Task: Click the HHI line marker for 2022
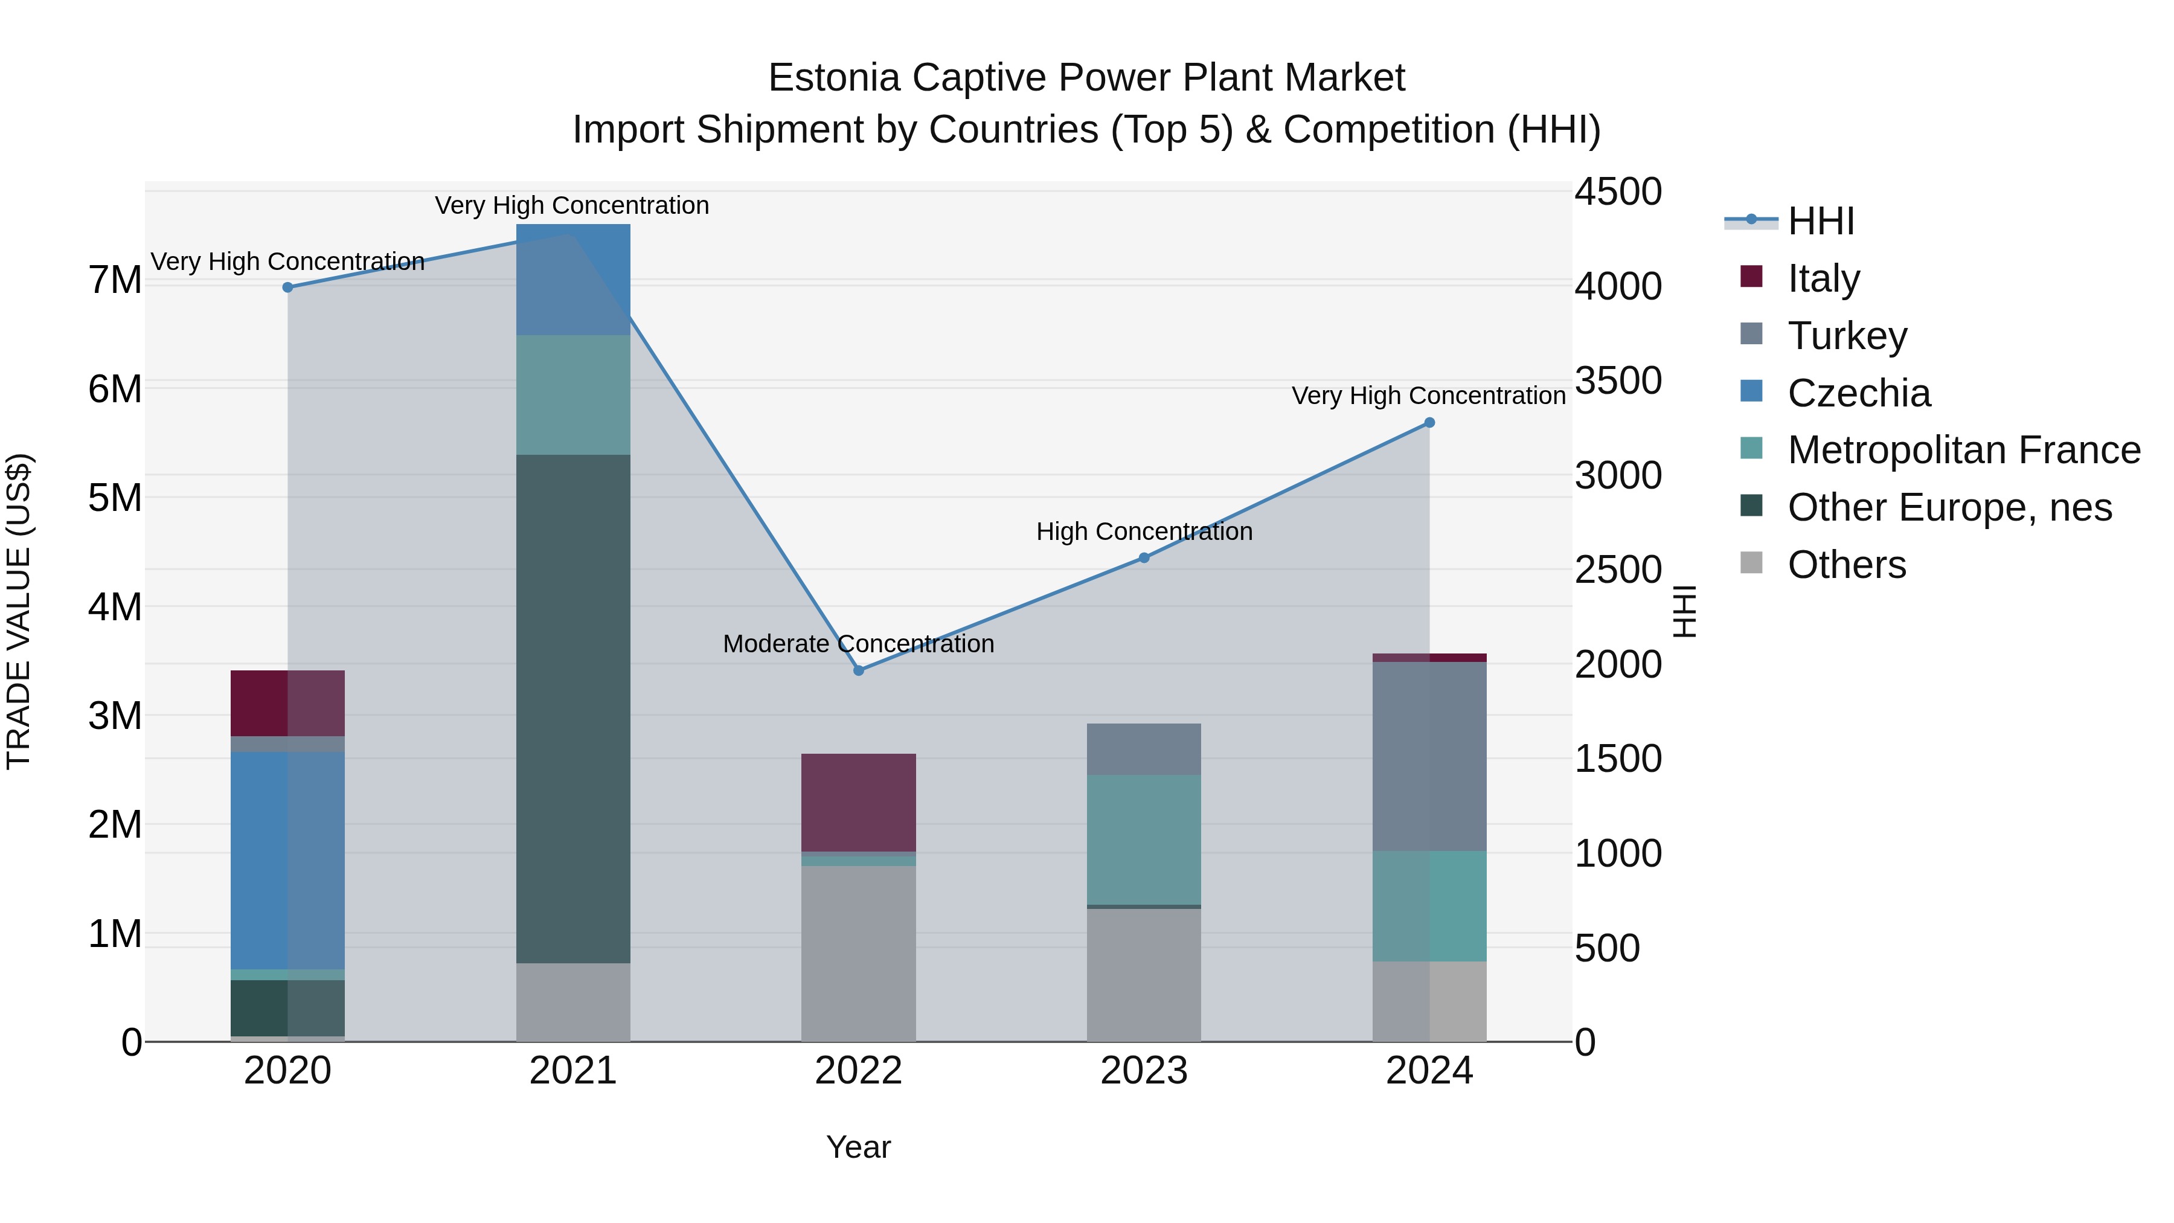pos(858,670)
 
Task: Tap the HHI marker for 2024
pos(1429,423)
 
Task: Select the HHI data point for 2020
pos(288,287)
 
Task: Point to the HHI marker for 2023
pos(1144,558)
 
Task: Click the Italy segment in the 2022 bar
pos(858,802)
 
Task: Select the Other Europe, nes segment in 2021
pos(573,709)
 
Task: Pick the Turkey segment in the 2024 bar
pos(1429,756)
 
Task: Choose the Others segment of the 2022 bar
pos(858,953)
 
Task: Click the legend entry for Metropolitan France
pos(1963,450)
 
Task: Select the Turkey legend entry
pos(1847,335)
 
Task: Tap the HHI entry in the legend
pos(1820,221)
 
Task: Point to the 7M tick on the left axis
pos(115,280)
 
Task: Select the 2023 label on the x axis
pos(1144,1071)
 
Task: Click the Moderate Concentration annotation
pos(858,644)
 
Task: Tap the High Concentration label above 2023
pos(1144,531)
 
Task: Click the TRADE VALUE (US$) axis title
pos(19,611)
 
